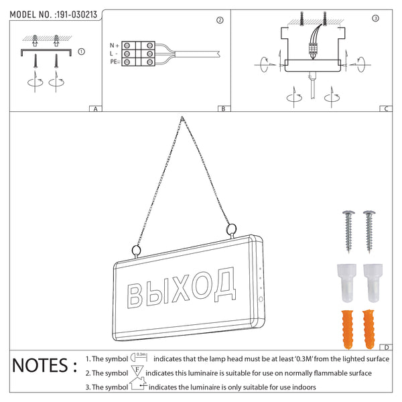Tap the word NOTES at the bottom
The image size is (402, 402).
40,366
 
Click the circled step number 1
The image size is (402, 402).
81,50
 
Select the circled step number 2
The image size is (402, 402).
220,20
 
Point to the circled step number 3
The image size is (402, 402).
375,17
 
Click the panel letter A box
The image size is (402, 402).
96,109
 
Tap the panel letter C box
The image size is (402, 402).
385,109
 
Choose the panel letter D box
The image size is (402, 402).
386,346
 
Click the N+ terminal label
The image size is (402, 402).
115,46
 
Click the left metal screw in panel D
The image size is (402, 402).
348,229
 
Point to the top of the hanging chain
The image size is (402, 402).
182,119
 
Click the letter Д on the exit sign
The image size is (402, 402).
226,284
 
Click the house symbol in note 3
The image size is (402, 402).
139,385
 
